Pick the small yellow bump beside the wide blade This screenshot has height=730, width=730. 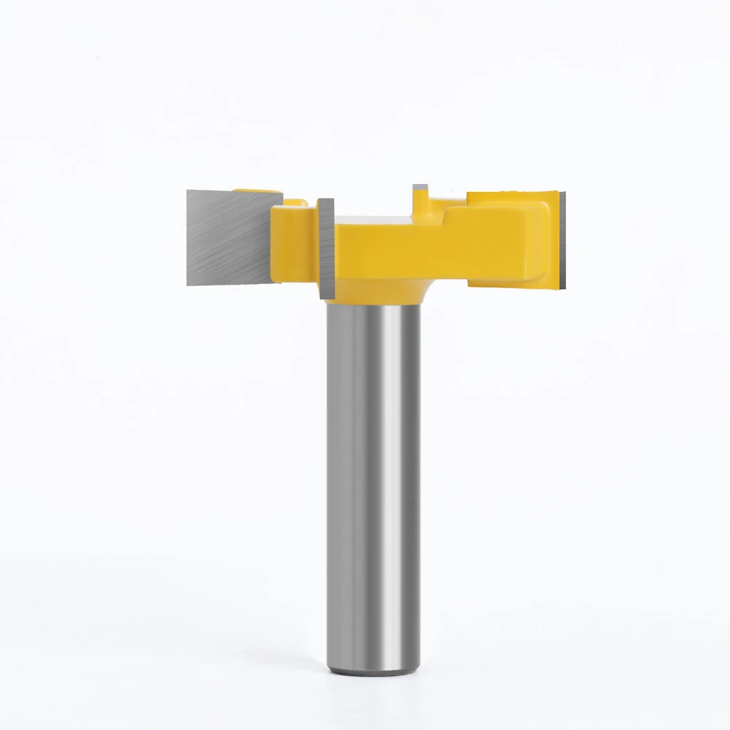(x=293, y=202)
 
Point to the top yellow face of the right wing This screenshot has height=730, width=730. (x=504, y=199)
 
